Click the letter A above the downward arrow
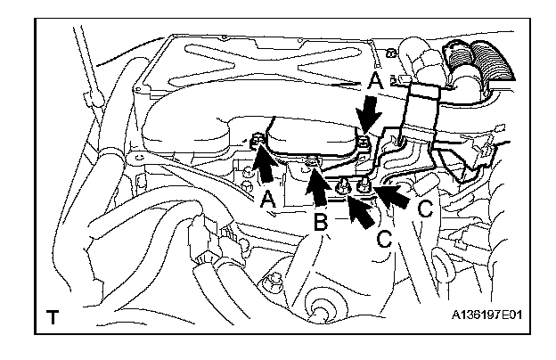[x=375, y=81]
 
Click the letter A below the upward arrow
[x=267, y=199]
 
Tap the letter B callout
[x=321, y=222]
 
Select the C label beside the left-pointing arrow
[x=424, y=209]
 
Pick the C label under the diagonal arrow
[x=384, y=239]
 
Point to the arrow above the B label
[x=316, y=187]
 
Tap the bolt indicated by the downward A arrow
[x=363, y=143]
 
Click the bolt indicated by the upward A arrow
[x=258, y=140]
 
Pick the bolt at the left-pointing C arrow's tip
[x=364, y=184]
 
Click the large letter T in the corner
[x=53, y=316]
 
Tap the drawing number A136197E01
[x=487, y=315]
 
